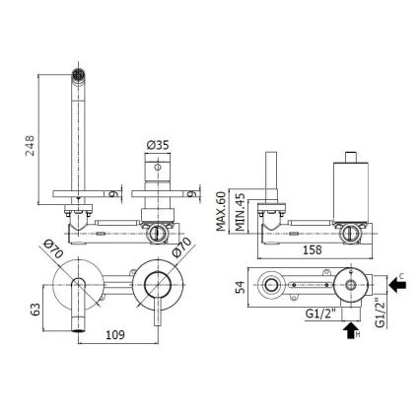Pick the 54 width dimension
coord(240,286)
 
